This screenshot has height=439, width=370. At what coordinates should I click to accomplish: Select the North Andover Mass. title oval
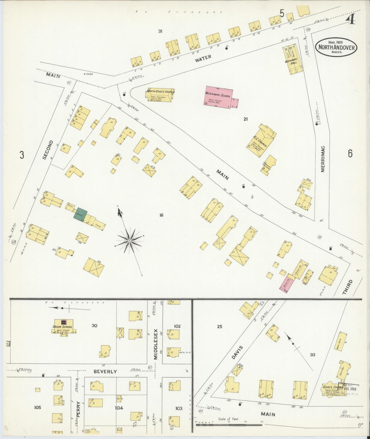(x=336, y=47)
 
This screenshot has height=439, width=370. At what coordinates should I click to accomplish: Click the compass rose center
(x=130, y=241)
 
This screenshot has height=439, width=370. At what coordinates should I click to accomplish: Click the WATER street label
(x=203, y=58)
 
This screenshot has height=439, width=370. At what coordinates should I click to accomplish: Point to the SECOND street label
(x=48, y=150)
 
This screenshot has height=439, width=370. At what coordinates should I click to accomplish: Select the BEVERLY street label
(x=105, y=371)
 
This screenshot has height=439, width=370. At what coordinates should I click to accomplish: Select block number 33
(x=312, y=355)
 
